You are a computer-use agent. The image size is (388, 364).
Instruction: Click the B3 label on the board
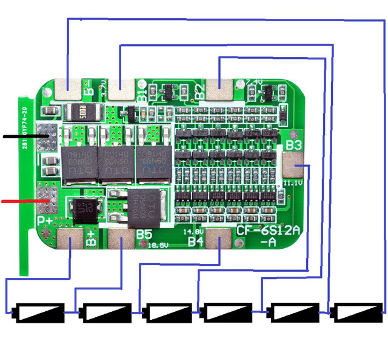click(x=294, y=146)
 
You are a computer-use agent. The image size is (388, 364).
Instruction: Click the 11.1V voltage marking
click(x=293, y=182)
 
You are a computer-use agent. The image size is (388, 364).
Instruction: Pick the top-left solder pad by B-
click(x=67, y=90)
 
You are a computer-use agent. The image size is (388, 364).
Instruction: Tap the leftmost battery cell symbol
click(x=40, y=312)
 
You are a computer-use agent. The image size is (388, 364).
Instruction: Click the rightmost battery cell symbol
click(x=358, y=312)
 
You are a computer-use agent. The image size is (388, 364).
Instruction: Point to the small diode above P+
click(x=81, y=207)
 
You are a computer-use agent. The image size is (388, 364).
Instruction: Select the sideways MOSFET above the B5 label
click(x=146, y=206)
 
